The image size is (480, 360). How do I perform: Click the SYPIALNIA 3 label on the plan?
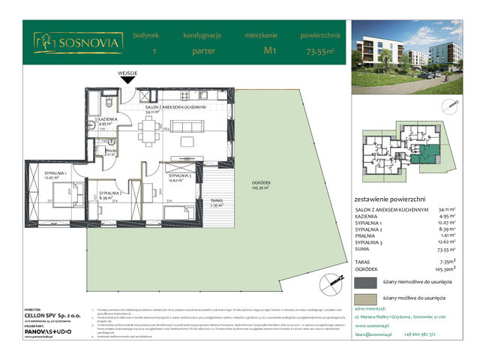coord(178,177)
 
